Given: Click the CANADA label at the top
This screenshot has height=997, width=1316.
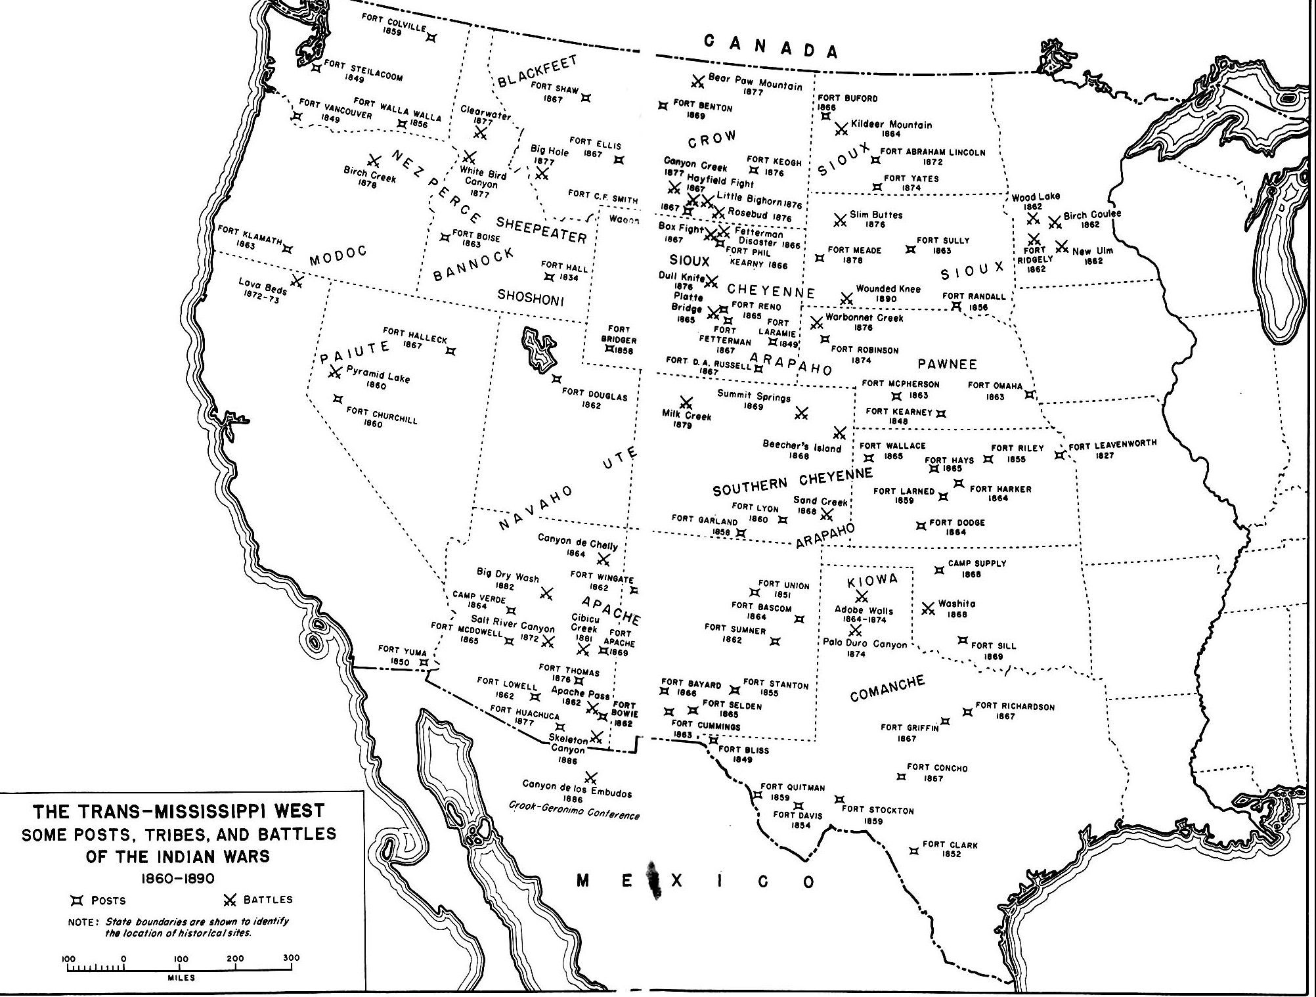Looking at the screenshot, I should [x=771, y=46].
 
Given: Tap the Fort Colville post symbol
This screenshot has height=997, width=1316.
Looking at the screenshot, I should [x=431, y=37].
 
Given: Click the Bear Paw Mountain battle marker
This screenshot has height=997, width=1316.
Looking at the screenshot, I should [x=697, y=81].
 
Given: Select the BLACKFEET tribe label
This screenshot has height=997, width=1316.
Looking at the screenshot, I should [x=537, y=72].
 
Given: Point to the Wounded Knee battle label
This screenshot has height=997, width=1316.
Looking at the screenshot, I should [x=888, y=289].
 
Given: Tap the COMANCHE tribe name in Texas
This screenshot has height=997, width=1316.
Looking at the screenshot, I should [x=887, y=688].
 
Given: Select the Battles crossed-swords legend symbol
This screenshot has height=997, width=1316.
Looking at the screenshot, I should [x=230, y=900].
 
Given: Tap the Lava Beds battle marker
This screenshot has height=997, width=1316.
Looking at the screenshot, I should [x=297, y=282].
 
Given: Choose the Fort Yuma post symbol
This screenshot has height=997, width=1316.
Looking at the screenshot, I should [x=424, y=663].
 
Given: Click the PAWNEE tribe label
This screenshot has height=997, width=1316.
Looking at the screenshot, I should [x=947, y=365].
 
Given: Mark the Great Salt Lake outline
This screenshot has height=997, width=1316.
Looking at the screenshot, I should [x=538, y=348].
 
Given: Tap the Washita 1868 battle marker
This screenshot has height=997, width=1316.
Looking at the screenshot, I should [x=928, y=609].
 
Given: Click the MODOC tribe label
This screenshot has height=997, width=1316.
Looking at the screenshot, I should [x=338, y=255].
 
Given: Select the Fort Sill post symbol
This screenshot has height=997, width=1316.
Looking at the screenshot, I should [x=963, y=640].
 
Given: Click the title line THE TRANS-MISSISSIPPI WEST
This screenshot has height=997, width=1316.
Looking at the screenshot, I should [x=179, y=812].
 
